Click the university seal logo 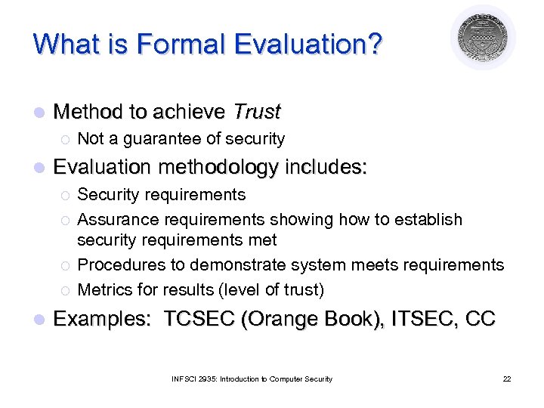tap(483, 37)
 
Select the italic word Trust tap(257, 113)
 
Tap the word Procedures tap(116, 265)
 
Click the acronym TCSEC tap(198, 319)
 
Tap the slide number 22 tap(506, 379)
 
